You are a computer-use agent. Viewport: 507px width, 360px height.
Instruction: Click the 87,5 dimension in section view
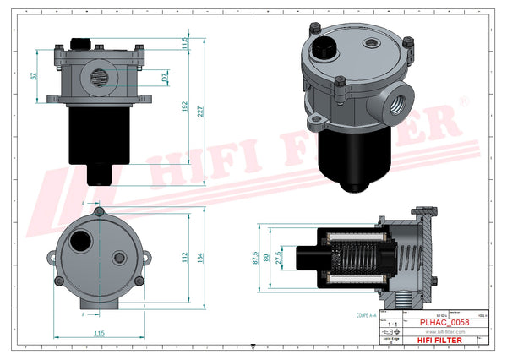[x=256, y=259]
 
